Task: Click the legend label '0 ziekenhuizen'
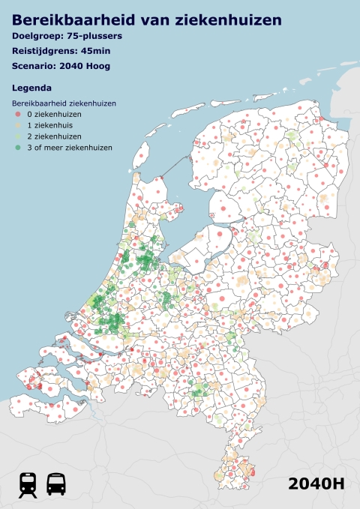[54, 114]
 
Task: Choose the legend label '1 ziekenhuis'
[49, 125]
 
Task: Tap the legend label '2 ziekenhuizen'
[54, 136]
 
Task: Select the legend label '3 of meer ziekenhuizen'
[69, 148]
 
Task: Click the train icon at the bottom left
[28, 484]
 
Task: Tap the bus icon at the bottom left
[55, 484]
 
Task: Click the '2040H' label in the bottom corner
[316, 484]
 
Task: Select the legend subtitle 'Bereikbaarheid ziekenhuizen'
[63, 103]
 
